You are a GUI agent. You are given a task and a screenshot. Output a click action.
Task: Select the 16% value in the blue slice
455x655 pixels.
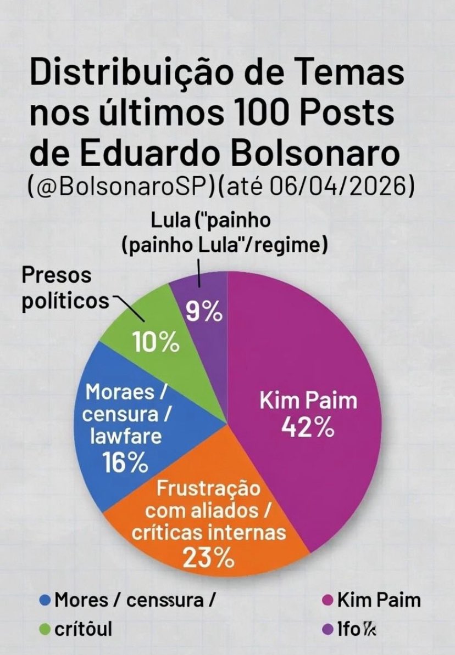coord(125,464)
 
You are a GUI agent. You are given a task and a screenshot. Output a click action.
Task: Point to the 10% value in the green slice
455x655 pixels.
coord(157,344)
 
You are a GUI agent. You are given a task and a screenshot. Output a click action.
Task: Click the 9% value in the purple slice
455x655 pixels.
coord(203,313)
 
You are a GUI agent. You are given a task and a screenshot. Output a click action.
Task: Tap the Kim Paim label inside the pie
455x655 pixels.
coord(308,400)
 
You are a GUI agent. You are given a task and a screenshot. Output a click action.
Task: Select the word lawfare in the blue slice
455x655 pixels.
coord(127,437)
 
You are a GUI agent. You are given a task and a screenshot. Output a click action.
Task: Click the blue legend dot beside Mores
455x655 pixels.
coord(46,600)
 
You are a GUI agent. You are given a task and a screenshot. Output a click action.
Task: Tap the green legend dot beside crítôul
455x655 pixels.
coord(46,629)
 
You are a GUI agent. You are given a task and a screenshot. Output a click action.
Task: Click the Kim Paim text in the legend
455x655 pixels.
coord(379,600)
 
